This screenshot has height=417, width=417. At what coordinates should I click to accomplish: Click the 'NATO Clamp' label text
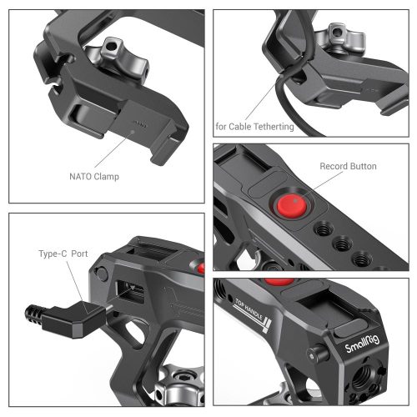coord(93,177)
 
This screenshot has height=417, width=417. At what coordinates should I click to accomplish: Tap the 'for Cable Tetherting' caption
coord(255,127)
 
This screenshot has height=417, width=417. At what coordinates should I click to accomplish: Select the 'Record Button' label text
coord(349,166)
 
